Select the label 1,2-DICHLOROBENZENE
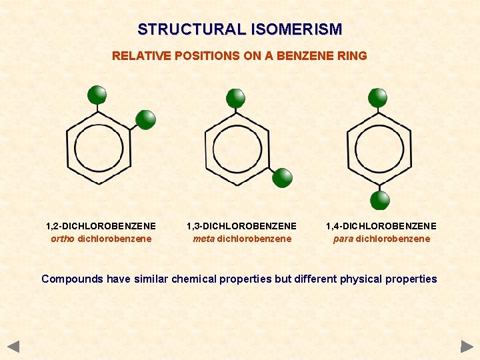tap(101, 226)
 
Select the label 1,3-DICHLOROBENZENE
tap(241, 226)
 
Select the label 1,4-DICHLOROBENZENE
tap(381, 226)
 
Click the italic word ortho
tap(63, 239)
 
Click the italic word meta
tap(203, 239)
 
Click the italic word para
tap(343, 239)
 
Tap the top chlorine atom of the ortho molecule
tap(97, 95)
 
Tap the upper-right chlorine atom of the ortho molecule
tap(145, 119)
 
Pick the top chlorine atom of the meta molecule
tap(235, 98)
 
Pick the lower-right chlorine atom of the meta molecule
tap(283, 177)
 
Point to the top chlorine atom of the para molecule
tap(378, 97)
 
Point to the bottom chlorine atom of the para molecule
tap(380, 200)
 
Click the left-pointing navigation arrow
tap(14, 346)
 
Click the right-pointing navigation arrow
tap(467, 346)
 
